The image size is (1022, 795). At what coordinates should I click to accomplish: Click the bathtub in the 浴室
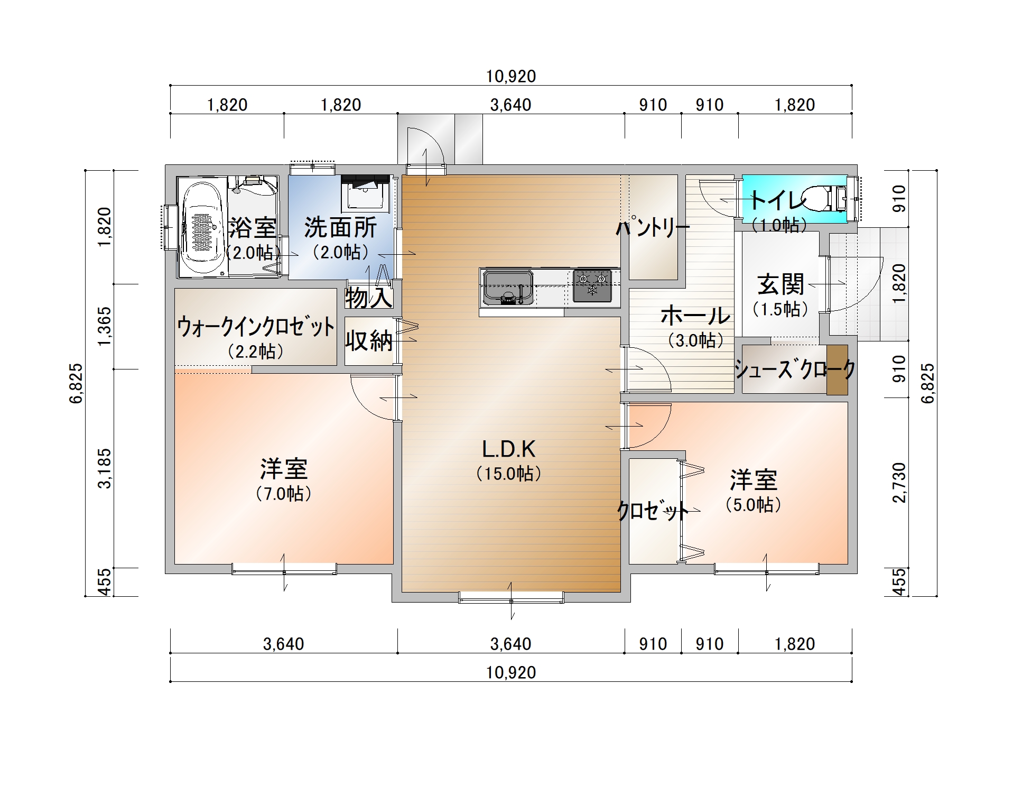click(x=201, y=227)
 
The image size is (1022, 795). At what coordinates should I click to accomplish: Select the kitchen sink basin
click(x=508, y=288)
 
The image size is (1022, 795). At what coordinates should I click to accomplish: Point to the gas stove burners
click(x=592, y=285)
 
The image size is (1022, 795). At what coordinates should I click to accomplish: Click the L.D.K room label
click(x=508, y=449)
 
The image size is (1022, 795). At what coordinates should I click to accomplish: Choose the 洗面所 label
click(x=341, y=228)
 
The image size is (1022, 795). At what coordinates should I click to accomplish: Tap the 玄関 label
click(x=781, y=284)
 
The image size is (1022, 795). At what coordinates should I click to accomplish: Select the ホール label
click(x=695, y=316)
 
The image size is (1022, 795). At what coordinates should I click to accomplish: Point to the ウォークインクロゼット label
click(x=256, y=327)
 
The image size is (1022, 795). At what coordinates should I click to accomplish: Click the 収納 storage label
click(x=369, y=341)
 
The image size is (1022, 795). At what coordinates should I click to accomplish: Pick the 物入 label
click(x=369, y=297)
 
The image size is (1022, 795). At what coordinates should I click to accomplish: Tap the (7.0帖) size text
click(x=284, y=494)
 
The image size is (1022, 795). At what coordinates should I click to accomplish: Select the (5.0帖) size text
click(x=753, y=505)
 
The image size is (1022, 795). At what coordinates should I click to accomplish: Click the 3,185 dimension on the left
click(x=105, y=468)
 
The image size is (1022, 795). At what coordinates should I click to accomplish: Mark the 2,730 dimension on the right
click(x=899, y=483)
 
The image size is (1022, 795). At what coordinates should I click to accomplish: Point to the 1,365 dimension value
click(x=105, y=326)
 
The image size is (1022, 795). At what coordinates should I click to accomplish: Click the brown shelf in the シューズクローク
click(x=837, y=369)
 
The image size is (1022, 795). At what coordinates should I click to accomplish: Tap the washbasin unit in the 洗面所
click(x=366, y=193)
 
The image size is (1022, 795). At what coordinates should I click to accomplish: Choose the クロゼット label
click(x=653, y=511)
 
